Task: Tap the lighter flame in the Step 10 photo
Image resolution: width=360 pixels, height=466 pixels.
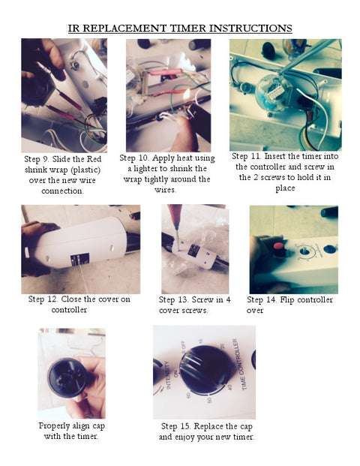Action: point(186,95)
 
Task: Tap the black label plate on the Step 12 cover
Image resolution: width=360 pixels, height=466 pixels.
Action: point(80,260)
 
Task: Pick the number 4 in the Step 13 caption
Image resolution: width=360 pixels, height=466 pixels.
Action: point(228,300)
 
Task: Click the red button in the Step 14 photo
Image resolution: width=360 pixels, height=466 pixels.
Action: point(278,246)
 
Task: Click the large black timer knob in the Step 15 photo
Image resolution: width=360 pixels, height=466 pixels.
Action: point(205,370)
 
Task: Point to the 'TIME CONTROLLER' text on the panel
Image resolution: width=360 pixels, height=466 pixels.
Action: point(240,365)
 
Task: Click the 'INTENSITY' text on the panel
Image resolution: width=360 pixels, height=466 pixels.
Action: point(168,375)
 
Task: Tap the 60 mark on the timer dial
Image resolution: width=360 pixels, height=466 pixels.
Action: point(188,395)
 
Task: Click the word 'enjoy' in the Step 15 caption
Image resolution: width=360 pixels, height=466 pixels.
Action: point(193,437)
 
